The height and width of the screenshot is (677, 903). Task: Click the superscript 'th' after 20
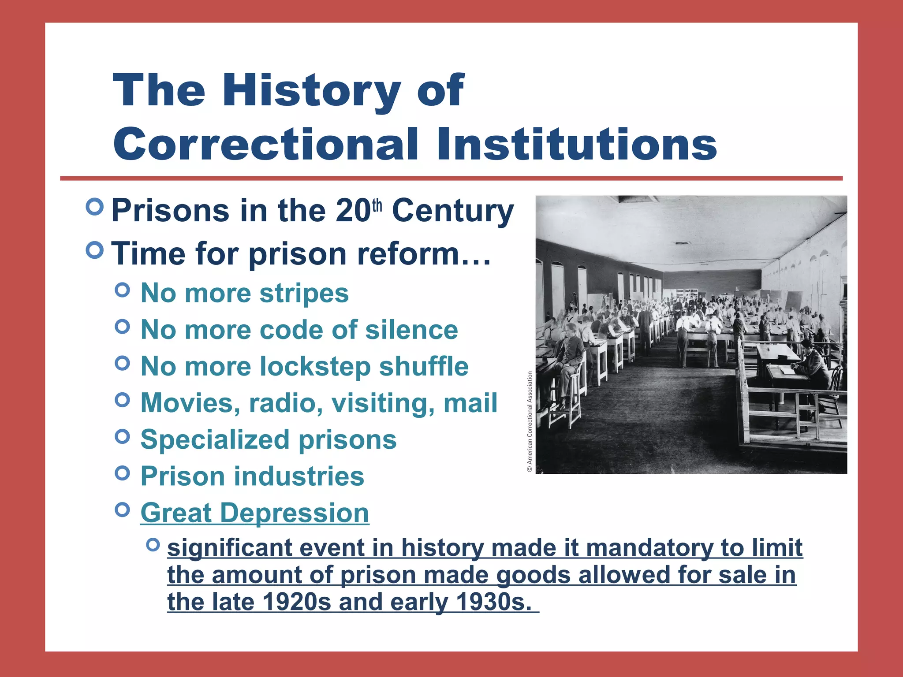coord(377,205)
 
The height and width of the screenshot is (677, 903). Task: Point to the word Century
coord(453,211)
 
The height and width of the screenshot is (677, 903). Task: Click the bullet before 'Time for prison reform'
coord(95,250)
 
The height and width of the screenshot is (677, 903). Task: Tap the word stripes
coord(304,293)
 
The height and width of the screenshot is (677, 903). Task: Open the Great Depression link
coord(254,513)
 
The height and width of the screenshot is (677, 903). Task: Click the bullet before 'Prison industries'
coord(122,473)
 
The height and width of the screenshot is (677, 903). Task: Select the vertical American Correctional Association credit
coord(530,422)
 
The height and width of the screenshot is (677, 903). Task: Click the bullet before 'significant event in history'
coord(153,545)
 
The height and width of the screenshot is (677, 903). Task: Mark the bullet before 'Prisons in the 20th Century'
coord(95,206)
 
